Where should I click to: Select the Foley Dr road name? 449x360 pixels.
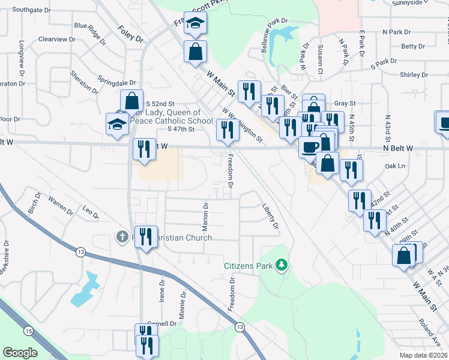point(131,34)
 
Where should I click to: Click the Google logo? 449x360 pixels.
point(20,353)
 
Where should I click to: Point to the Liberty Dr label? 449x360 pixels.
point(271,216)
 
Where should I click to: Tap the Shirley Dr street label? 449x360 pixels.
point(414,75)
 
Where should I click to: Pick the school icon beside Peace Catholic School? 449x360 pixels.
point(118,124)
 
